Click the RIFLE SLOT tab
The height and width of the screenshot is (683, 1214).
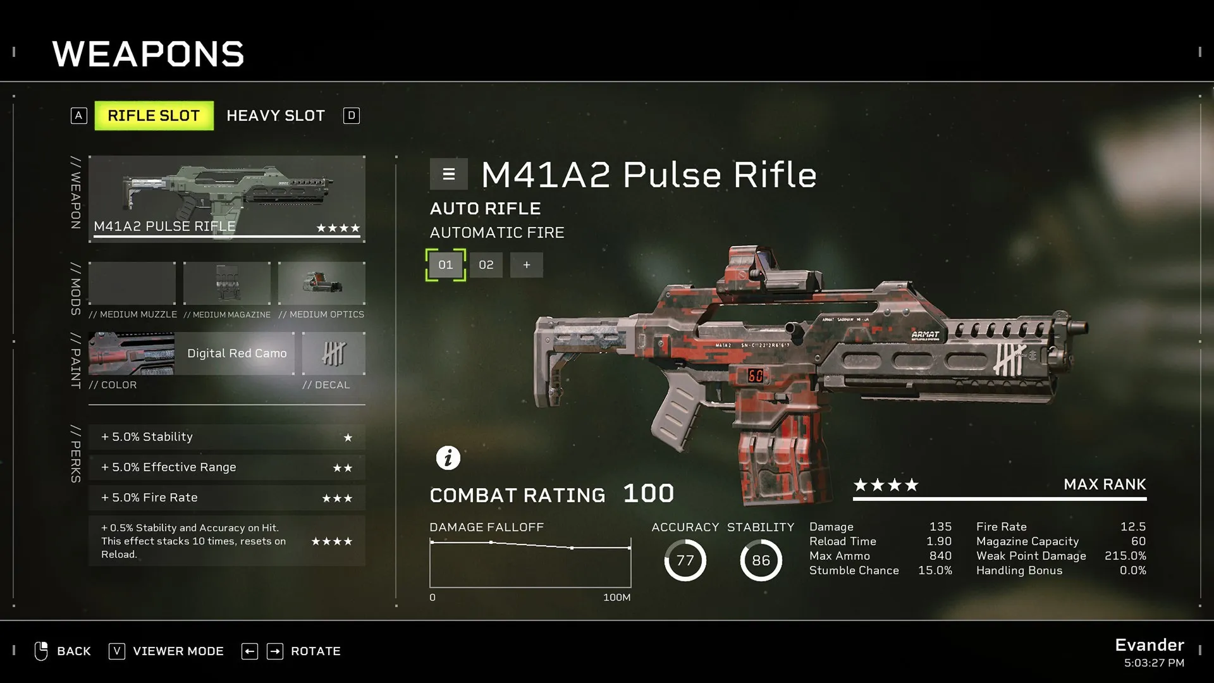(154, 116)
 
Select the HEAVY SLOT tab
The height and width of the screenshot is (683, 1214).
(276, 116)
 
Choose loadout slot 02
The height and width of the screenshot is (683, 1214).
(486, 265)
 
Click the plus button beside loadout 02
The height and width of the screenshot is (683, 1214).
(527, 265)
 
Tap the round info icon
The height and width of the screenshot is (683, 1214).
(448, 458)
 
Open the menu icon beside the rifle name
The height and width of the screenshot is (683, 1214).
(449, 174)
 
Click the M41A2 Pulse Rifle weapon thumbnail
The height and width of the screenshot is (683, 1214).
(227, 199)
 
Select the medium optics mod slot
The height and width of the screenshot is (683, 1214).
(322, 283)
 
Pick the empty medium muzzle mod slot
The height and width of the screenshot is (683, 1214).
(132, 283)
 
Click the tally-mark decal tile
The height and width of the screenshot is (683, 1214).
(334, 354)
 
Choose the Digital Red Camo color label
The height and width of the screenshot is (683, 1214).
(237, 354)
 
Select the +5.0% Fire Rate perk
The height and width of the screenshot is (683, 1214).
(227, 498)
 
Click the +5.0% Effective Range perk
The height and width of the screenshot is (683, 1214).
(227, 467)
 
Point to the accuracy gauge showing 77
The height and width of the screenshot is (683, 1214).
(685, 560)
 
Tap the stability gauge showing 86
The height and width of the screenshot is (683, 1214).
(761, 560)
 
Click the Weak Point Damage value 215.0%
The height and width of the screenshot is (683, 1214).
(1125, 556)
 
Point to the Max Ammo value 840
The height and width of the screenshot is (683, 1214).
(940, 556)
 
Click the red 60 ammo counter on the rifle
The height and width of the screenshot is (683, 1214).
(756, 376)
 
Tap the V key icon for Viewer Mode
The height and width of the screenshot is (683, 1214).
(117, 651)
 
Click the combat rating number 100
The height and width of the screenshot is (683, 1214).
(649, 494)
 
